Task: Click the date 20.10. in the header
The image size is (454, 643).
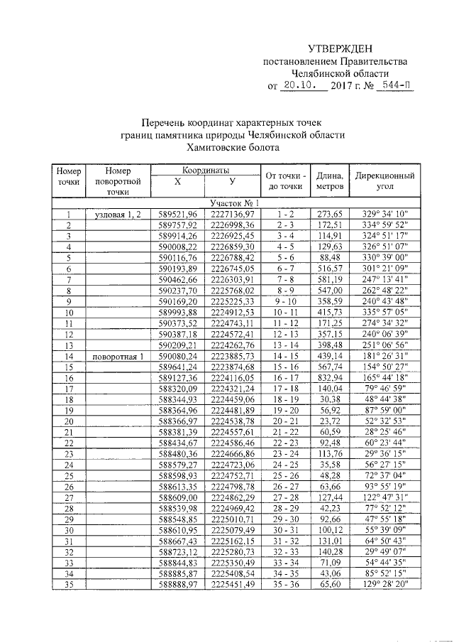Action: pyautogui.click(x=299, y=86)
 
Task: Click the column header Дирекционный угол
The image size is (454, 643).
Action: pyautogui.click(x=385, y=180)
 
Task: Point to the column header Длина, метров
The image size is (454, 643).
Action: pyautogui.click(x=330, y=180)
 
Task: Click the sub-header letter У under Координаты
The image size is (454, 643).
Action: pyautogui.click(x=232, y=182)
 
